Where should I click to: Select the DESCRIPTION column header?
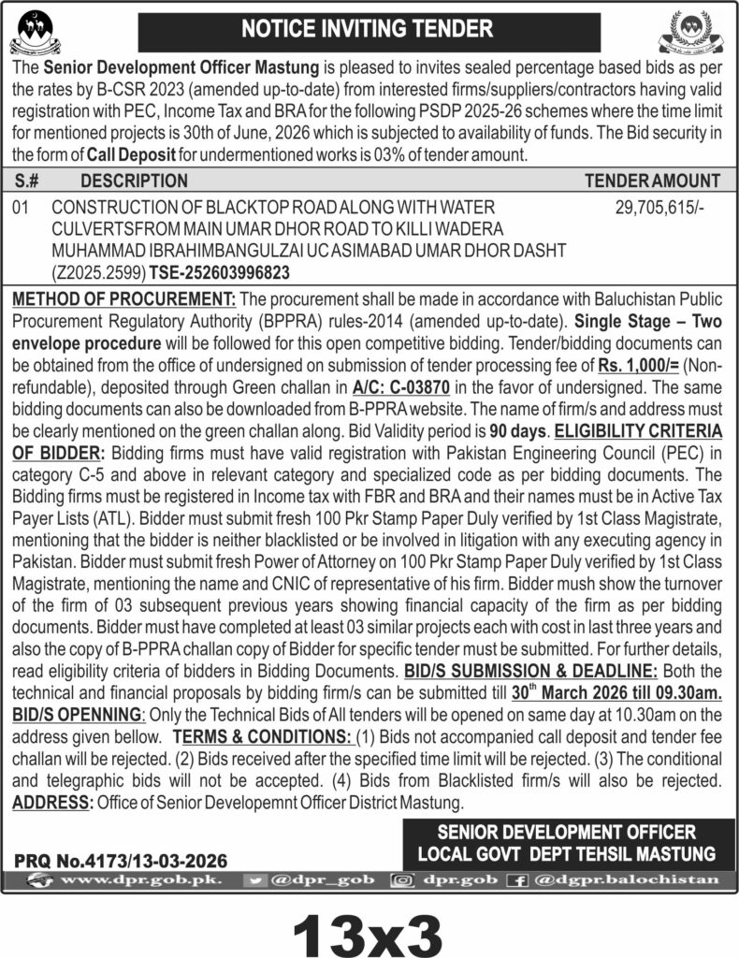point(134,181)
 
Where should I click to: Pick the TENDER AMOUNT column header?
point(652,181)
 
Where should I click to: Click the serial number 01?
point(22,212)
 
